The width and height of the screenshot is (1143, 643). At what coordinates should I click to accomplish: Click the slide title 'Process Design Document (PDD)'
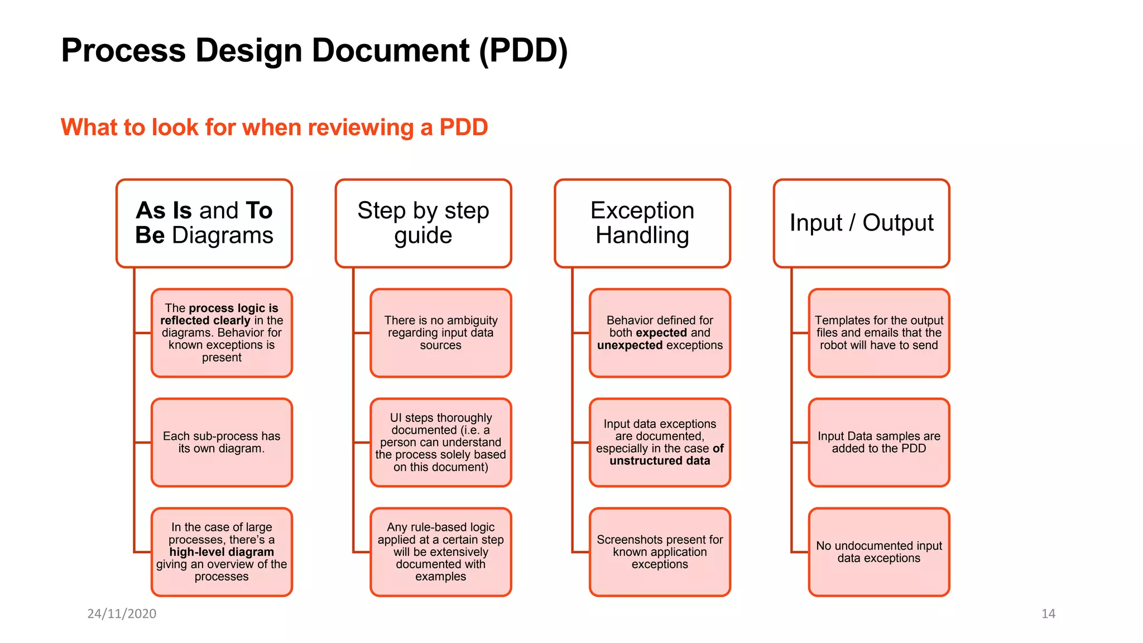click(314, 51)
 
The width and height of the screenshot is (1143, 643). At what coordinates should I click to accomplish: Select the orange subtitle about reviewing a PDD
click(274, 127)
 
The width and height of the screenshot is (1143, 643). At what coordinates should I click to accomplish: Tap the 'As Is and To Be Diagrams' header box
click(204, 223)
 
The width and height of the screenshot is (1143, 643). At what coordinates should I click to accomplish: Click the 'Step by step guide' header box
click(423, 223)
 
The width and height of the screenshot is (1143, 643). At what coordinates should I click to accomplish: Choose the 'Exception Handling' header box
click(642, 223)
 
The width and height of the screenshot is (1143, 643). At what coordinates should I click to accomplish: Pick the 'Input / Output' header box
click(861, 223)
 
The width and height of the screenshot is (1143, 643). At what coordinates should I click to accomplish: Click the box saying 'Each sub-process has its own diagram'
click(222, 443)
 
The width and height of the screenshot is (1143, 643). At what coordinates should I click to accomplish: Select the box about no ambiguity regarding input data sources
click(441, 333)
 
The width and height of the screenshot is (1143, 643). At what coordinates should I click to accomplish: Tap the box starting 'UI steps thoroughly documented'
click(441, 443)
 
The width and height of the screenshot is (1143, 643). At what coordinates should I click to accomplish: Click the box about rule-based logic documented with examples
click(441, 552)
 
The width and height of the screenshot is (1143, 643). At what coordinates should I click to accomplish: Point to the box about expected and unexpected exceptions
click(660, 333)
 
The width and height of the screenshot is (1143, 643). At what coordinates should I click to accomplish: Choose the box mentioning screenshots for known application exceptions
click(660, 552)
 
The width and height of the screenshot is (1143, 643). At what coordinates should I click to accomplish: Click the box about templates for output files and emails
click(879, 333)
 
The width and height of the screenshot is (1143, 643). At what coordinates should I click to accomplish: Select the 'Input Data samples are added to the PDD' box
click(879, 443)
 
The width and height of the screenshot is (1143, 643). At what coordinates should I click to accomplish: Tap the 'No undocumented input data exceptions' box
click(879, 552)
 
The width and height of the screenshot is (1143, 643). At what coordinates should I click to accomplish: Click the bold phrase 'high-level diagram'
click(222, 552)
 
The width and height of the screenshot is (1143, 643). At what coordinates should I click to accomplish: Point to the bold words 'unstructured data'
click(660, 461)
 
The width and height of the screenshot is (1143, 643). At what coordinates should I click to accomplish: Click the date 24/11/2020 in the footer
click(122, 614)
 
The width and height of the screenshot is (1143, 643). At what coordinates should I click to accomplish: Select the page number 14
click(1048, 614)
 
